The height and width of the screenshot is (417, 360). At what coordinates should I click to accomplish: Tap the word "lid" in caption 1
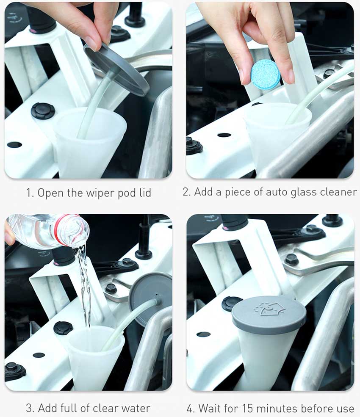(145, 193)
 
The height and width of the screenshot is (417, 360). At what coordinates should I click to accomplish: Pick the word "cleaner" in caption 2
(338, 191)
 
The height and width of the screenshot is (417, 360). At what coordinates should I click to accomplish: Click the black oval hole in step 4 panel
(204, 334)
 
